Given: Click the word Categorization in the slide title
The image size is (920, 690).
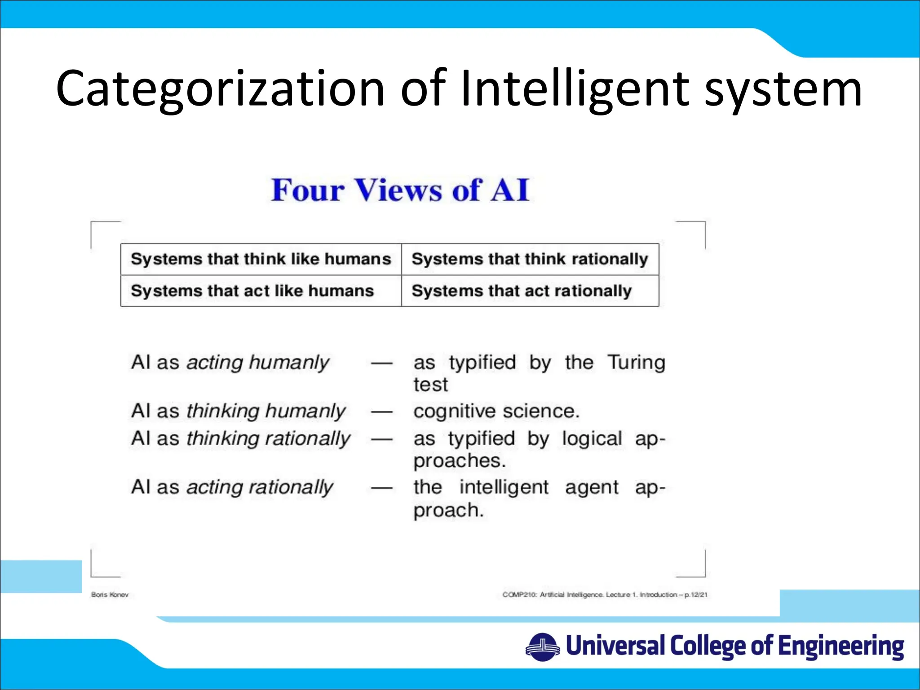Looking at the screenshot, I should pyautogui.click(x=220, y=88).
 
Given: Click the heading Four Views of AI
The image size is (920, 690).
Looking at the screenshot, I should pyautogui.click(x=400, y=190).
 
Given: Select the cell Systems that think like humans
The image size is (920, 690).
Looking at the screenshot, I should pyautogui.click(x=261, y=259).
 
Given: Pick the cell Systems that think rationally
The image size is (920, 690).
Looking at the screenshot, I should pyautogui.click(x=530, y=259).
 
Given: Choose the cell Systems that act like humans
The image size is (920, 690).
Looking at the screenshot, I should pyautogui.click(x=252, y=291).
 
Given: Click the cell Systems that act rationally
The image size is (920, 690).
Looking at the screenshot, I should pyautogui.click(x=522, y=291).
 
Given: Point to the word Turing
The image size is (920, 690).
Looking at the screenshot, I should pyautogui.click(x=636, y=362).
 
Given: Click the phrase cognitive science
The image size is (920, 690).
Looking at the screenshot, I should pyautogui.click(x=496, y=411).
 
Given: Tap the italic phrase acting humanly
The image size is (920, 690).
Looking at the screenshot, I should pyautogui.click(x=258, y=362).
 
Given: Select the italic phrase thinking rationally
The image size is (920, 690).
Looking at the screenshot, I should pyautogui.click(x=268, y=438).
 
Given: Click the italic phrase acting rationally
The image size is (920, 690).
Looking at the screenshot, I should pyautogui.click(x=260, y=487).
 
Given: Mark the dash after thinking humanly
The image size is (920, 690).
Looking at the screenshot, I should pyautogui.click(x=382, y=411).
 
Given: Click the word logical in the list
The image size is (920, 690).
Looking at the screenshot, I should pyautogui.click(x=592, y=438).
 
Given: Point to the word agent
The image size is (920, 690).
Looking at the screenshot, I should pyautogui.click(x=592, y=487).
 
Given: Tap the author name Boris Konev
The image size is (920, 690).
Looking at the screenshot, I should pyautogui.click(x=110, y=595).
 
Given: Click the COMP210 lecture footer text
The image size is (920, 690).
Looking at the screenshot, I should pyautogui.click(x=605, y=595).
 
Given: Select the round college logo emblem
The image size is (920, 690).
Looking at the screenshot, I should pyautogui.click(x=543, y=647).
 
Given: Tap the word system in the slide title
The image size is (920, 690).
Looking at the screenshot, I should pyautogui.click(x=783, y=88).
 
